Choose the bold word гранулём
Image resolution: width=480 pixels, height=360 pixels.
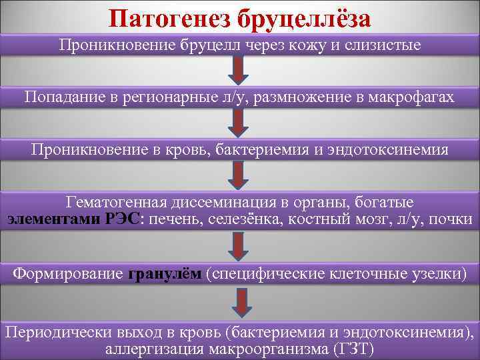coord(163,273)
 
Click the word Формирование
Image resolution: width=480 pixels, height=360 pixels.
coord(67,273)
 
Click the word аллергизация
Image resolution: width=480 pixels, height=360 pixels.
coord(153,349)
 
